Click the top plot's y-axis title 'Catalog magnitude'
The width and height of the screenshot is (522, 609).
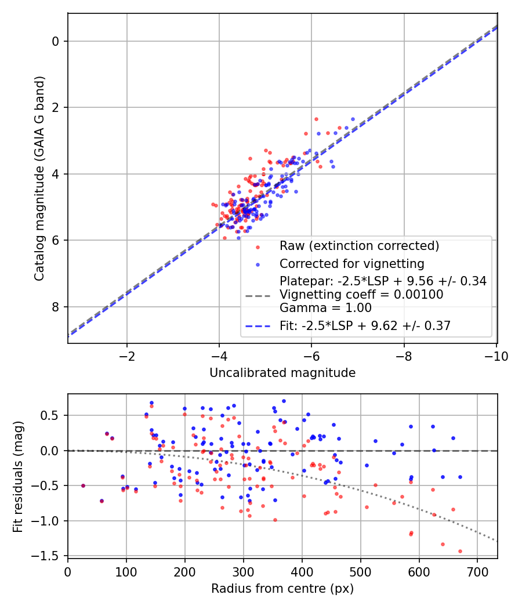coord(39,179)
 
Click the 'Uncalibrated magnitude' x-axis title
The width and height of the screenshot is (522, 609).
coord(282,373)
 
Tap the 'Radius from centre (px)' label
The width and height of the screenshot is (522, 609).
coord(282,589)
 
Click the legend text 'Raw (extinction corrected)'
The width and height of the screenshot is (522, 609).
coord(359,245)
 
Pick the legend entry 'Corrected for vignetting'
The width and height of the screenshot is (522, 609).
coord(351,264)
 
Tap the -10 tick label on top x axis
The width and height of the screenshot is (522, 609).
coord(496,356)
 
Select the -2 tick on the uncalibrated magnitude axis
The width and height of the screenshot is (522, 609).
coord(127,356)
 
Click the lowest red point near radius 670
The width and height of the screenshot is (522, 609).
coord(460,551)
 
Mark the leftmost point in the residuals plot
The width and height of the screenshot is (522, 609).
coord(83,485)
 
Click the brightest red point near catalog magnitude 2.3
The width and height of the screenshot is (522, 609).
coord(316,119)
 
